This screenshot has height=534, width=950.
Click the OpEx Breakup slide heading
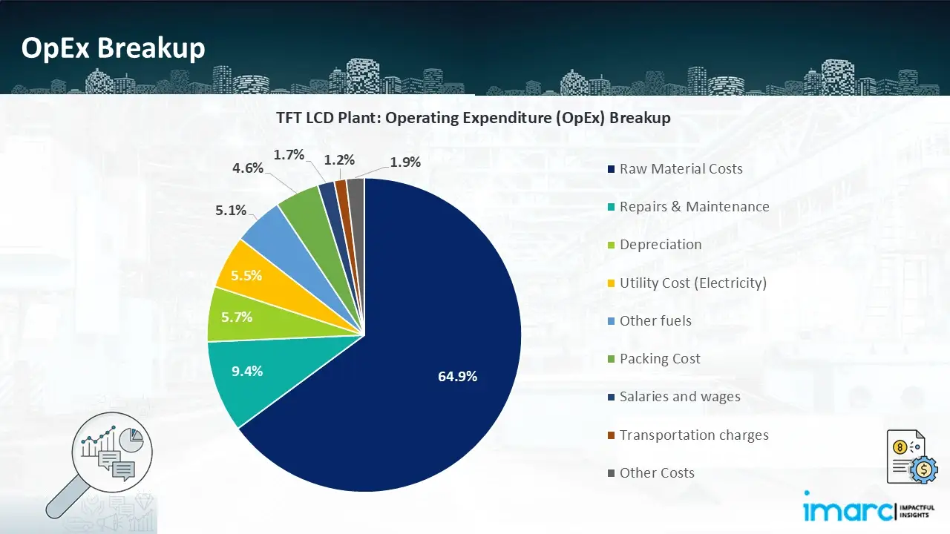113,48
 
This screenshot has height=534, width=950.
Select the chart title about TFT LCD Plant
473,118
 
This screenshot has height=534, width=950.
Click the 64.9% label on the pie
457,376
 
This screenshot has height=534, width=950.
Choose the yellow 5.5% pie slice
246,275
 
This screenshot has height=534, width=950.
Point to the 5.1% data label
231,211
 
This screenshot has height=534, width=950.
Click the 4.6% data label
248,168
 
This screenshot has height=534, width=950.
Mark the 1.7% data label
289,155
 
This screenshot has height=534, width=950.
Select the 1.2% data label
339,160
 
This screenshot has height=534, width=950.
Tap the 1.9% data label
405,162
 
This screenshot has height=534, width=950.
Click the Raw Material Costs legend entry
681,169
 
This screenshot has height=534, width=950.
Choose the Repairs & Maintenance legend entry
694,207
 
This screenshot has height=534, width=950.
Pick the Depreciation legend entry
660,245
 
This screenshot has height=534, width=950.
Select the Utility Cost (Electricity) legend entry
692,283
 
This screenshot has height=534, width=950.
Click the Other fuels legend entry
655,321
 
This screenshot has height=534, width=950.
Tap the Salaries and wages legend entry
679,397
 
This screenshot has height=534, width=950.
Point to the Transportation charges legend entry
693,435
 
